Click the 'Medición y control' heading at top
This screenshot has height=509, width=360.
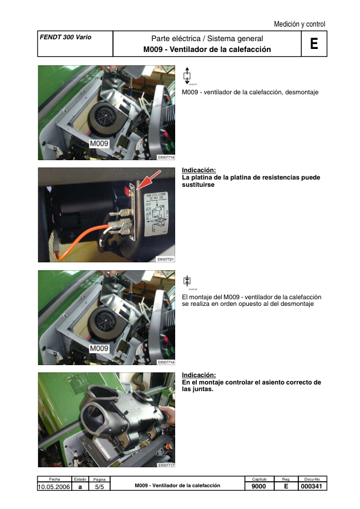pos(299,24)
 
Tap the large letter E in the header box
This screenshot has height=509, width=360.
pos(313,44)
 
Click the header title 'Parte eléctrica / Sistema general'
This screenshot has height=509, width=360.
pos(207,39)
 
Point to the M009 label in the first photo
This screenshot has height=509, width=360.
pos(99,144)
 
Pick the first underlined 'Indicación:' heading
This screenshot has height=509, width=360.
pos(198,170)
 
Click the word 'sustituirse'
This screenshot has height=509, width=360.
pos(198,186)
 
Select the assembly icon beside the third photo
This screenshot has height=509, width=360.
pos(187,280)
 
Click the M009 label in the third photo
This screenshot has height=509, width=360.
pos(99,349)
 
